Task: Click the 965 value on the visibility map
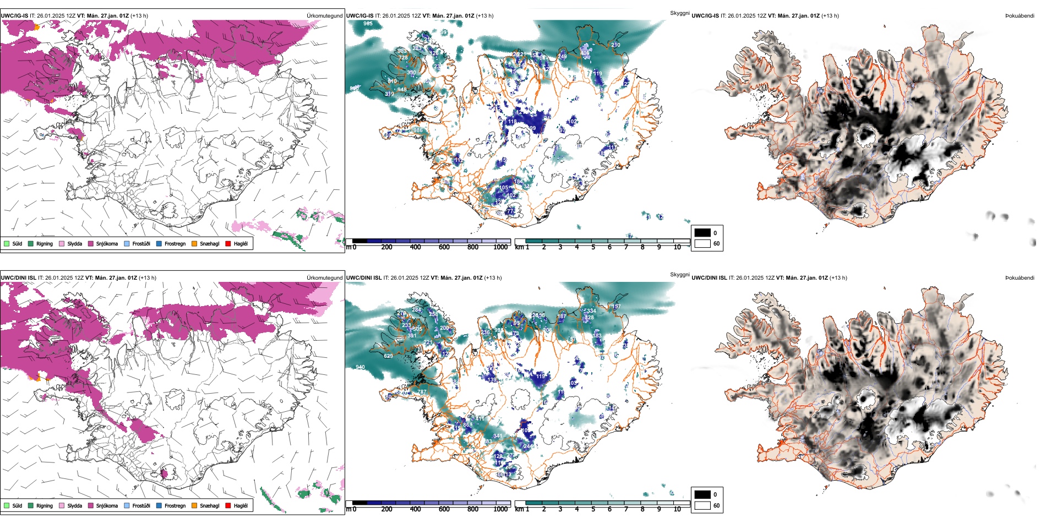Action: pyautogui.click(x=368, y=24)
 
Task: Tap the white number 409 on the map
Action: pyautogui.click(x=585, y=53)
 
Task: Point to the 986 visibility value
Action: pyautogui.click(x=418, y=130)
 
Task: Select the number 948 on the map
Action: pyautogui.click(x=402, y=90)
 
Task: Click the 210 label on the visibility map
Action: pyautogui.click(x=615, y=45)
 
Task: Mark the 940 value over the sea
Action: pyautogui.click(x=360, y=367)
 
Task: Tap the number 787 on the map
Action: pyautogui.click(x=422, y=392)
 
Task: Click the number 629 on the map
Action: pyautogui.click(x=388, y=356)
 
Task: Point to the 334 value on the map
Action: pyautogui.click(x=591, y=311)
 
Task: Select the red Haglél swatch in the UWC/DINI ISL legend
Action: pyautogui.click(x=228, y=505)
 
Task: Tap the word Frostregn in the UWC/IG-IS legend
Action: pyautogui.click(x=175, y=243)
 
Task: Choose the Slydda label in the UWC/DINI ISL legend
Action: pyautogui.click(x=74, y=505)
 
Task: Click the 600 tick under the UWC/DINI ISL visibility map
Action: pyautogui.click(x=444, y=509)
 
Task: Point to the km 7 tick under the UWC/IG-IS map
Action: pyautogui.click(x=626, y=247)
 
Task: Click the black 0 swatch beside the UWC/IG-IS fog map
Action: pyautogui.click(x=702, y=233)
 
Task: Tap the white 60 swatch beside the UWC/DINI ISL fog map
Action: pyautogui.click(x=702, y=505)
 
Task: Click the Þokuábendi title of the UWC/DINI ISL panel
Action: pyautogui.click(x=1020, y=278)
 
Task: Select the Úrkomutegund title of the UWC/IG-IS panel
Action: pyautogui.click(x=324, y=16)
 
